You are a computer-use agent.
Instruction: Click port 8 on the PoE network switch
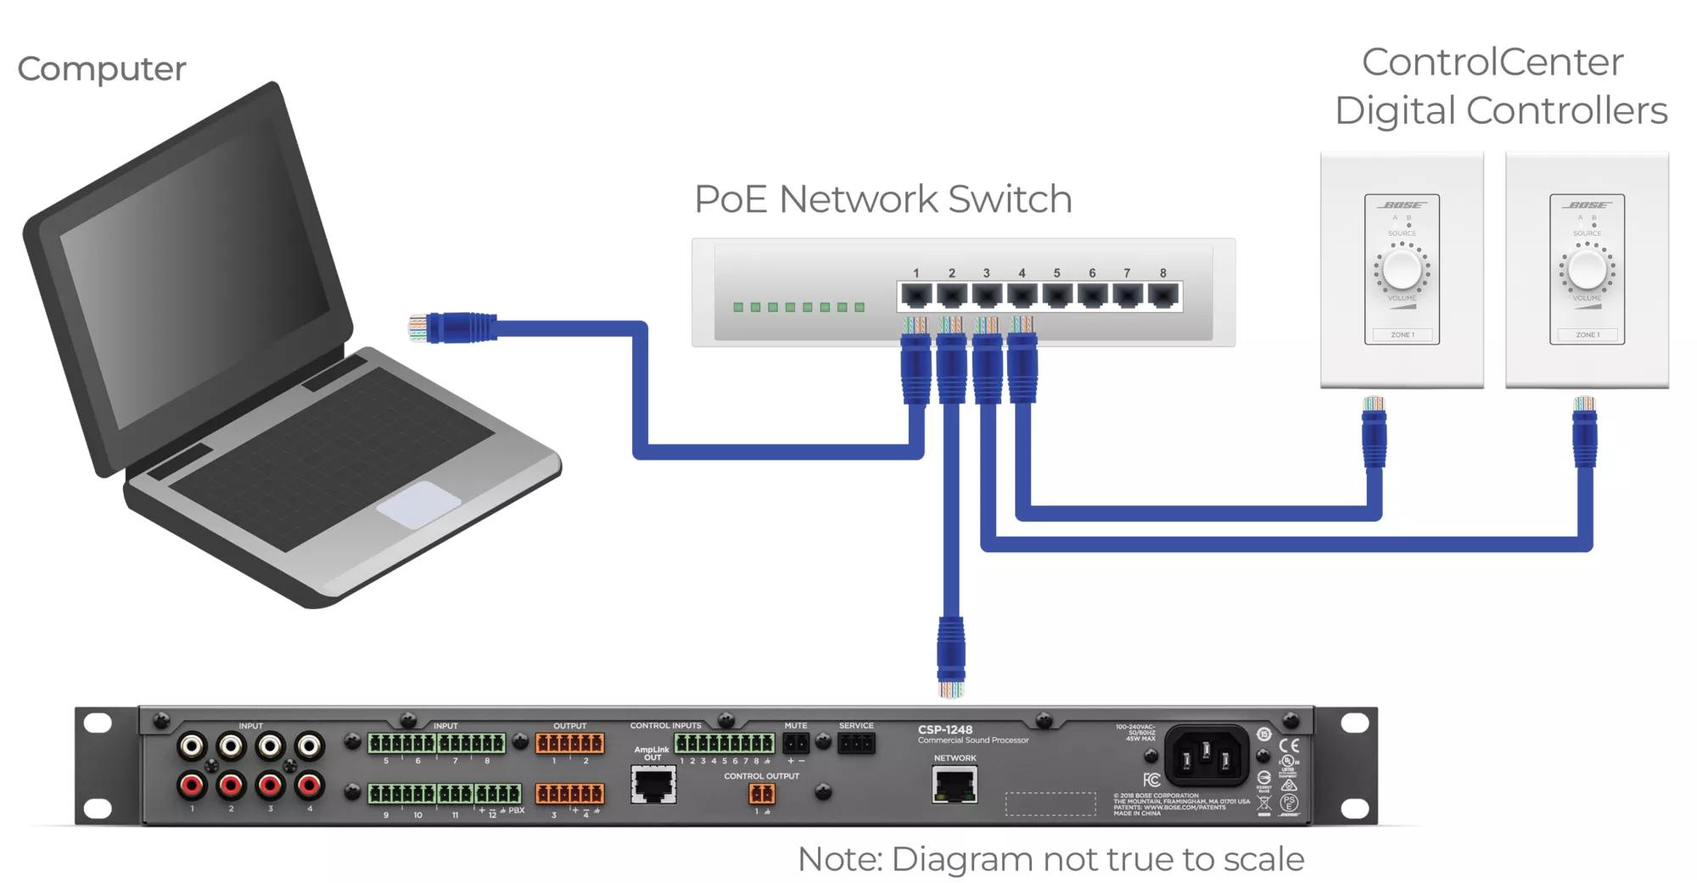[1163, 296]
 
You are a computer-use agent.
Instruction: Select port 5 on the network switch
[1057, 296]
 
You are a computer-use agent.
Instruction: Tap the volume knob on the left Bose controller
[1402, 270]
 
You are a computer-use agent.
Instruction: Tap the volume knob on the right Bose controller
[1587, 270]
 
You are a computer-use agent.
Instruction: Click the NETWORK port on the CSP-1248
[955, 784]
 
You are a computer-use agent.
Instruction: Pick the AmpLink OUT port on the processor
[653, 785]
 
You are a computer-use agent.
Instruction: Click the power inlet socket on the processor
[1205, 754]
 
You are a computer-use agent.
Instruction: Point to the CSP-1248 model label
[945, 729]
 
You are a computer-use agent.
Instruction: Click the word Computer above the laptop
[102, 69]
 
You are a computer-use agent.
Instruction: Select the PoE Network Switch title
[882, 199]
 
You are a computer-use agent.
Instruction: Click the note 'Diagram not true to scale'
[1050, 859]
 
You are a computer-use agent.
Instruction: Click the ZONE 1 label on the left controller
[1402, 335]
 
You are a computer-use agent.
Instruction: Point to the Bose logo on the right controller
[1587, 205]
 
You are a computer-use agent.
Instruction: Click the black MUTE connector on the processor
[796, 744]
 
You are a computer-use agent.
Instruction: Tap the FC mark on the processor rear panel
[1151, 780]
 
